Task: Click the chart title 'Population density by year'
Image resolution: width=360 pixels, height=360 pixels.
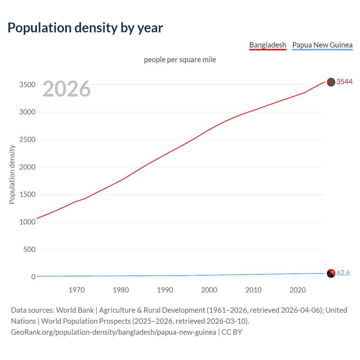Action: pyautogui.click(x=85, y=28)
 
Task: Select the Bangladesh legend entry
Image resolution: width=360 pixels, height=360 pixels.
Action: pyautogui.click(x=268, y=45)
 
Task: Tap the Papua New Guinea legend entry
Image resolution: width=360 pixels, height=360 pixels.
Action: pyautogui.click(x=322, y=45)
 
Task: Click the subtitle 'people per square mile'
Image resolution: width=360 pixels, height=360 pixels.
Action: pyautogui.click(x=180, y=60)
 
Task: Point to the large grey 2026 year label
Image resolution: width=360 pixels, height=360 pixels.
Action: pyautogui.click(x=67, y=89)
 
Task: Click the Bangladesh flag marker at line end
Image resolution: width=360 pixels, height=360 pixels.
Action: pyautogui.click(x=331, y=82)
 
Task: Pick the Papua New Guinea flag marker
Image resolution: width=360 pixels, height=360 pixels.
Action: pyautogui.click(x=331, y=273)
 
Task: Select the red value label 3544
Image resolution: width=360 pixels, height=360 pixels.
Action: pyautogui.click(x=345, y=82)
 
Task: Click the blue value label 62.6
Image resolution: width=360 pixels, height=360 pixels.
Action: pyautogui.click(x=343, y=273)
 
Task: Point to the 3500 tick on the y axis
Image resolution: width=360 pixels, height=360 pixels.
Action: pyautogui.click(x=27, y=85)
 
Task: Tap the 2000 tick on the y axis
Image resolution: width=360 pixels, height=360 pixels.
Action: pyautogui.click(x=27, y=167)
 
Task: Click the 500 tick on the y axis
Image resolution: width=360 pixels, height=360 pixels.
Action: pyautogui.click(x=29, y=249)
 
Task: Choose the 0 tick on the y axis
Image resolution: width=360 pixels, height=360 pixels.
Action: pyautogui.click(x=33, y=277)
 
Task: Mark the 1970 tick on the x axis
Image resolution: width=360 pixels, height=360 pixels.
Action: pyautogui.click(x=76, y=290)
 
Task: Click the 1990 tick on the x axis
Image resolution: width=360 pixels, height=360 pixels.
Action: pyautogui.click(x=165, y=290)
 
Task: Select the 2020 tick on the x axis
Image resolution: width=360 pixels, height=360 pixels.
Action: pyautogui.click(x=298, y=290)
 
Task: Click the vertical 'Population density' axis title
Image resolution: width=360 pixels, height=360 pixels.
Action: pyautogui.click(x=12, y=174)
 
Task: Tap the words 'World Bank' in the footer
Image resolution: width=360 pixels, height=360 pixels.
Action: pyautogui.click(x=75, y=310)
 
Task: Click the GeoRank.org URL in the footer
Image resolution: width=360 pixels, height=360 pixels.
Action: pyautogui.click(x=114, y=332)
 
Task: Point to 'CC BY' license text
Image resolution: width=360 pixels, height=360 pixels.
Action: pyautogui.click(x=232, y=332)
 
